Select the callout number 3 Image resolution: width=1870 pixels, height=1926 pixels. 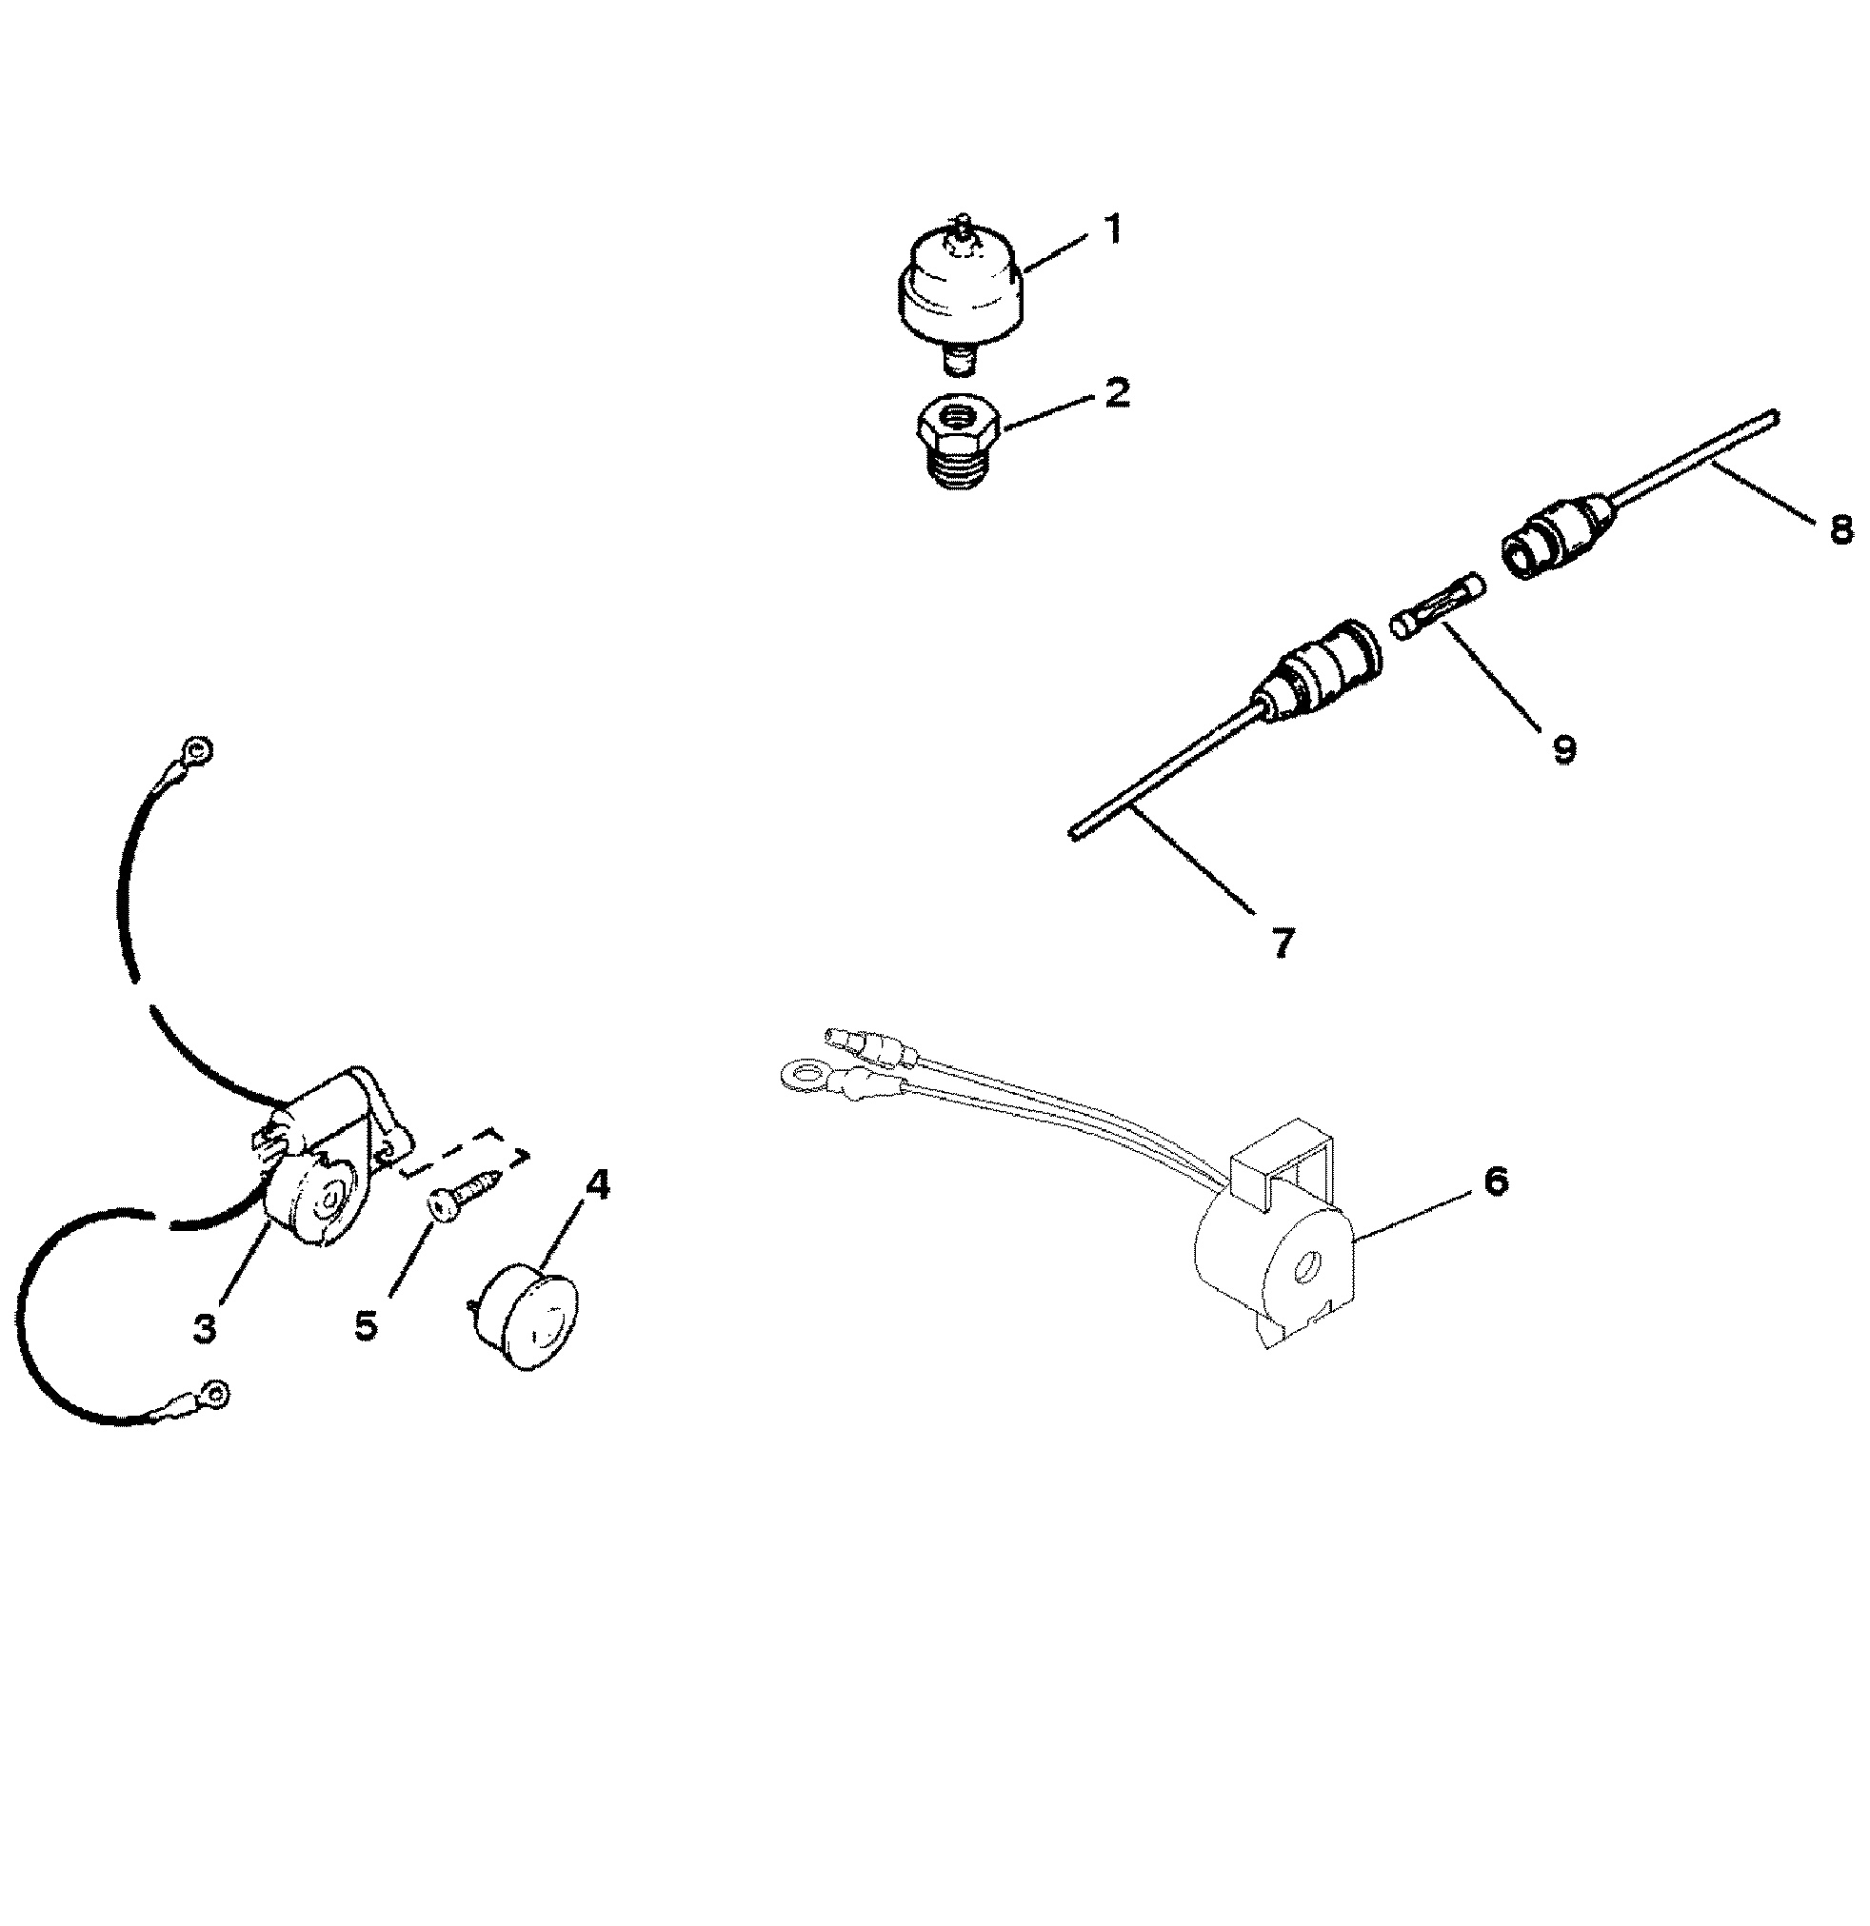coord(205,1328)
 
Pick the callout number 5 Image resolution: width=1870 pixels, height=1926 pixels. coord(366,1324)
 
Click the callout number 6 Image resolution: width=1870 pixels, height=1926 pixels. coord(1495,1181)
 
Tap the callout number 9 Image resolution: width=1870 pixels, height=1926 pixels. coord(1563,748)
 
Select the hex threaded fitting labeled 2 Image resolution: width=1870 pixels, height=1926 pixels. coord(960,445)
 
